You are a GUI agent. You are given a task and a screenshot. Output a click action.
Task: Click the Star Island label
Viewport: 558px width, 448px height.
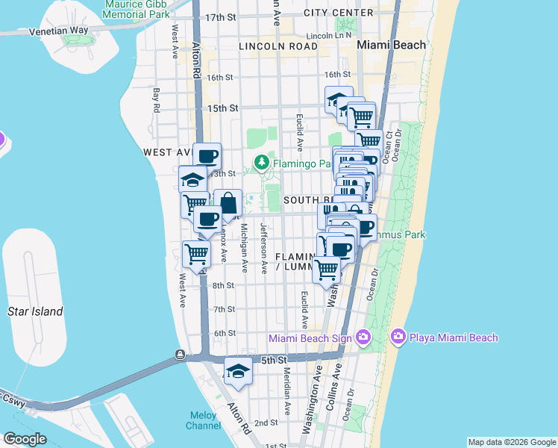[36, 311]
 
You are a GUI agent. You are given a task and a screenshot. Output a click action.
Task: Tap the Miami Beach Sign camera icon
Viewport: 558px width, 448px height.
[363, 337]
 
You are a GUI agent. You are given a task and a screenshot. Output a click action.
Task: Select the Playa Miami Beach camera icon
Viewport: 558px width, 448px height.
[398, 337]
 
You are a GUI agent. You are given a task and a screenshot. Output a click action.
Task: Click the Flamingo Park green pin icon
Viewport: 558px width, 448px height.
[261, 162]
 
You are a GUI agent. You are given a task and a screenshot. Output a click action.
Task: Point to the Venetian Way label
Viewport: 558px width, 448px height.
[59, 31]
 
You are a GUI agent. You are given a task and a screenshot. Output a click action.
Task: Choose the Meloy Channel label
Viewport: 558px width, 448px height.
[204, 420]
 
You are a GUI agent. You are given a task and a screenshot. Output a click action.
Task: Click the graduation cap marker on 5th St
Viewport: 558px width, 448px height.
[238, 371]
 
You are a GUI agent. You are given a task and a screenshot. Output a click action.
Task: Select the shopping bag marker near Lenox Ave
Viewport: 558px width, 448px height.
[228, 204]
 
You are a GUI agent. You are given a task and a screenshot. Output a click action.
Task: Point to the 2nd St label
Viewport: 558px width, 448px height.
[267, 423]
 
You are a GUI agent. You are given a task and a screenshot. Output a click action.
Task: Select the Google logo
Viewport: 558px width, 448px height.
[25, 439]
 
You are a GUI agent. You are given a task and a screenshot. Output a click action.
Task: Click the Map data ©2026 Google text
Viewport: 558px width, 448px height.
[511, 442]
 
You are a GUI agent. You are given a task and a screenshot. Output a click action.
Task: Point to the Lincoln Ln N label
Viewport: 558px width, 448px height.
[328, 35]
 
